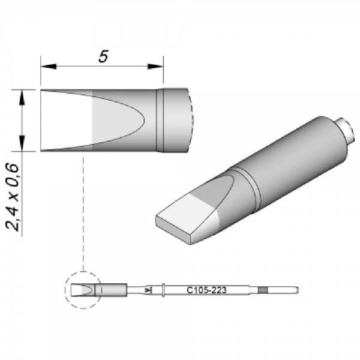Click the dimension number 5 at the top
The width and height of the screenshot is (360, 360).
pos(103,57)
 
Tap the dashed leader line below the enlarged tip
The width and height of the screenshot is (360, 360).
pos(83,216)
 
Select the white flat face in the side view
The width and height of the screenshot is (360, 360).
pos(66,120)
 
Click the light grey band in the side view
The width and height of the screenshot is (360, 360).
pos(102,120)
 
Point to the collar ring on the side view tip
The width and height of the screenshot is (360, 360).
pos(161,120)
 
